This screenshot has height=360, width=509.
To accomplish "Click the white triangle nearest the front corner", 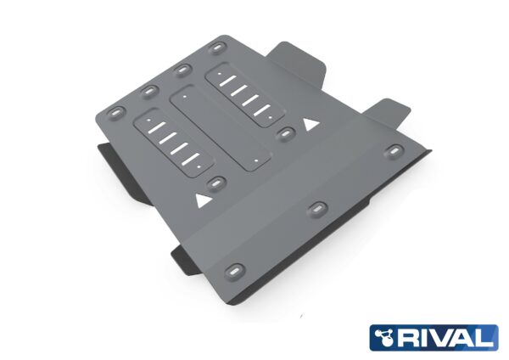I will (203, 201).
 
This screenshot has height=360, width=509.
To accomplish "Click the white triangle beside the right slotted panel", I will (310, 125).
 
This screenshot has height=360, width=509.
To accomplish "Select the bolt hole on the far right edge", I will (396, 151).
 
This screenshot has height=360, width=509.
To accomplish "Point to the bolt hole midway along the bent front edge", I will (317, 208).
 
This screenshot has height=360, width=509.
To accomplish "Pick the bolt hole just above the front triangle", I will (215, 182).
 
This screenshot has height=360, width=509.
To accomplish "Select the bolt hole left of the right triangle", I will (286, 133).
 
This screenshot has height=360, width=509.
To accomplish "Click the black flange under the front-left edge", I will (188, 255).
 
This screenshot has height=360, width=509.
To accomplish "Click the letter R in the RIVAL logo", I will (409, 337).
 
